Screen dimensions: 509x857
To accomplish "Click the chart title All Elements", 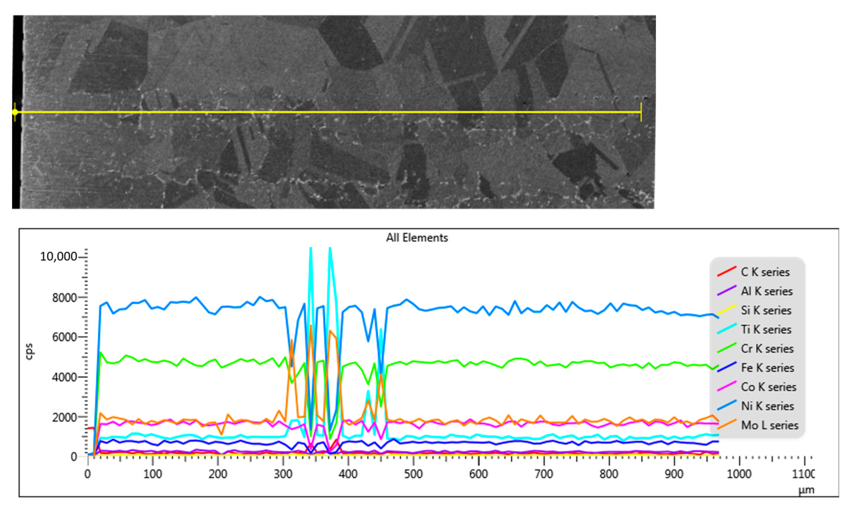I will coord(417,238).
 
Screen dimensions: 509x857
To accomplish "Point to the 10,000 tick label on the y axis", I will coord(58,257).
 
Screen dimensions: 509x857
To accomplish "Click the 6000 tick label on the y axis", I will coord(64,337).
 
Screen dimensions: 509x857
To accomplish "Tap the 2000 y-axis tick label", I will coord(64,417).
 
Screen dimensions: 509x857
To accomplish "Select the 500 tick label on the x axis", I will coord(413,474).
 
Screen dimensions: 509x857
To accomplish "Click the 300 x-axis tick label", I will coord(283,474).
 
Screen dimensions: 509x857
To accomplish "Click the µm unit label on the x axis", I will coord(806,490).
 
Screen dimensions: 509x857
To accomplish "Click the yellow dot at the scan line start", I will coord(15,112).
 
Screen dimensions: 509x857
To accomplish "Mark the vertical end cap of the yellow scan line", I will coord(641,112).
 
